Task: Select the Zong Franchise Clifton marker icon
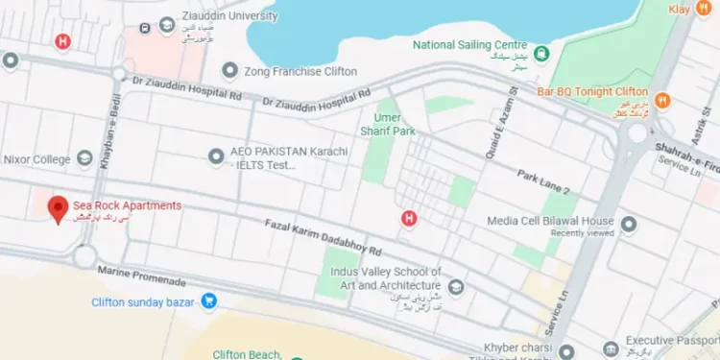click(x=229, y=70)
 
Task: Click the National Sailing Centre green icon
click(x=541, y=54)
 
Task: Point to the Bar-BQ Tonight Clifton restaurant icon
click(x=661, y=100)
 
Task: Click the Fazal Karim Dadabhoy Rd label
click(x=321, y=237)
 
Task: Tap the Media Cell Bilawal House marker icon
click(x=630, y=225)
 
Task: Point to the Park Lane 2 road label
click(x=542, y=182)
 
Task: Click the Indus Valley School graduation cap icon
click(x=456, y=286)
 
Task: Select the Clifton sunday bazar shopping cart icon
click(x=208, y=301)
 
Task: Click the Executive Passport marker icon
click(x=610, y=349)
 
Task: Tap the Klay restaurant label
click(x=681, y=8)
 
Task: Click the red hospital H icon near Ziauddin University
click(x=63, y=41)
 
